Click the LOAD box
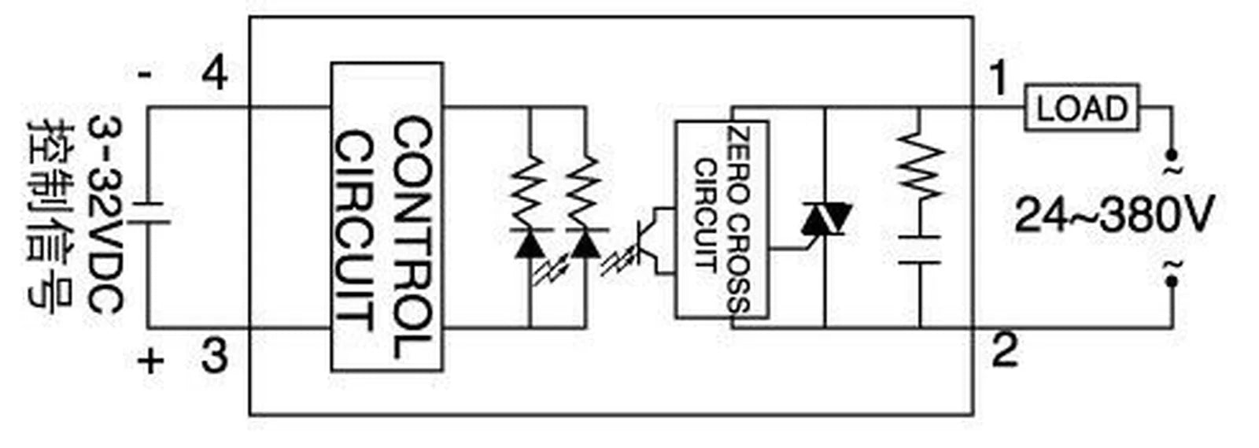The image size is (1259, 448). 1082,107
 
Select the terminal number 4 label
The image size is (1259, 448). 214,75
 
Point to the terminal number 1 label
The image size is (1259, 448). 999,78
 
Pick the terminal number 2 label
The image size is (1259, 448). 1005,350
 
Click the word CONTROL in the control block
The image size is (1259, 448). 413,237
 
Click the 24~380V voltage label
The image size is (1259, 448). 1114,215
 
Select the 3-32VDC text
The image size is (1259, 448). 105,214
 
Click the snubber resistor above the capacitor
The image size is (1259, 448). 920,168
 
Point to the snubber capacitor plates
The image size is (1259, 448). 920,250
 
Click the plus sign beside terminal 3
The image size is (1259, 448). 150,361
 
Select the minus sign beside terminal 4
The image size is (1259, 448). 145,75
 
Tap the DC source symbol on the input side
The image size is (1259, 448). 149,213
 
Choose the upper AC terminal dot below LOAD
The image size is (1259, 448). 1172,154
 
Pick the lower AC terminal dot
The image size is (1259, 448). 1172,281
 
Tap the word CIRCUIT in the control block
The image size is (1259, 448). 355,231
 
